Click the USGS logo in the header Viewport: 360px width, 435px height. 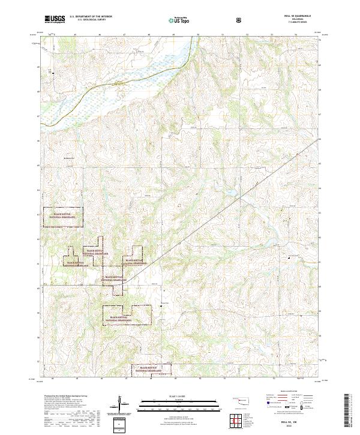(x=53, y=20)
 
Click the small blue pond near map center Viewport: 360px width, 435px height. (x=230, y=192)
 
